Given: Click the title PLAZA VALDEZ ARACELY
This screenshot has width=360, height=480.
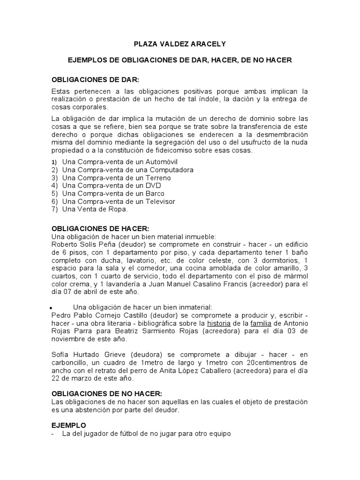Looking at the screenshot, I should tap(180, 44).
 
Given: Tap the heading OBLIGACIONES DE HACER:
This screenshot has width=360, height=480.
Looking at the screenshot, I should tap(100, 229).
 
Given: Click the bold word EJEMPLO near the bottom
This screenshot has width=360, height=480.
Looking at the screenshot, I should tap(69, 425).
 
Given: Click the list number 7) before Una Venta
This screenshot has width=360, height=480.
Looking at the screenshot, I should tap(54, 210).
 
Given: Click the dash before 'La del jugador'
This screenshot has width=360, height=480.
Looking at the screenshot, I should tap(53, 434).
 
